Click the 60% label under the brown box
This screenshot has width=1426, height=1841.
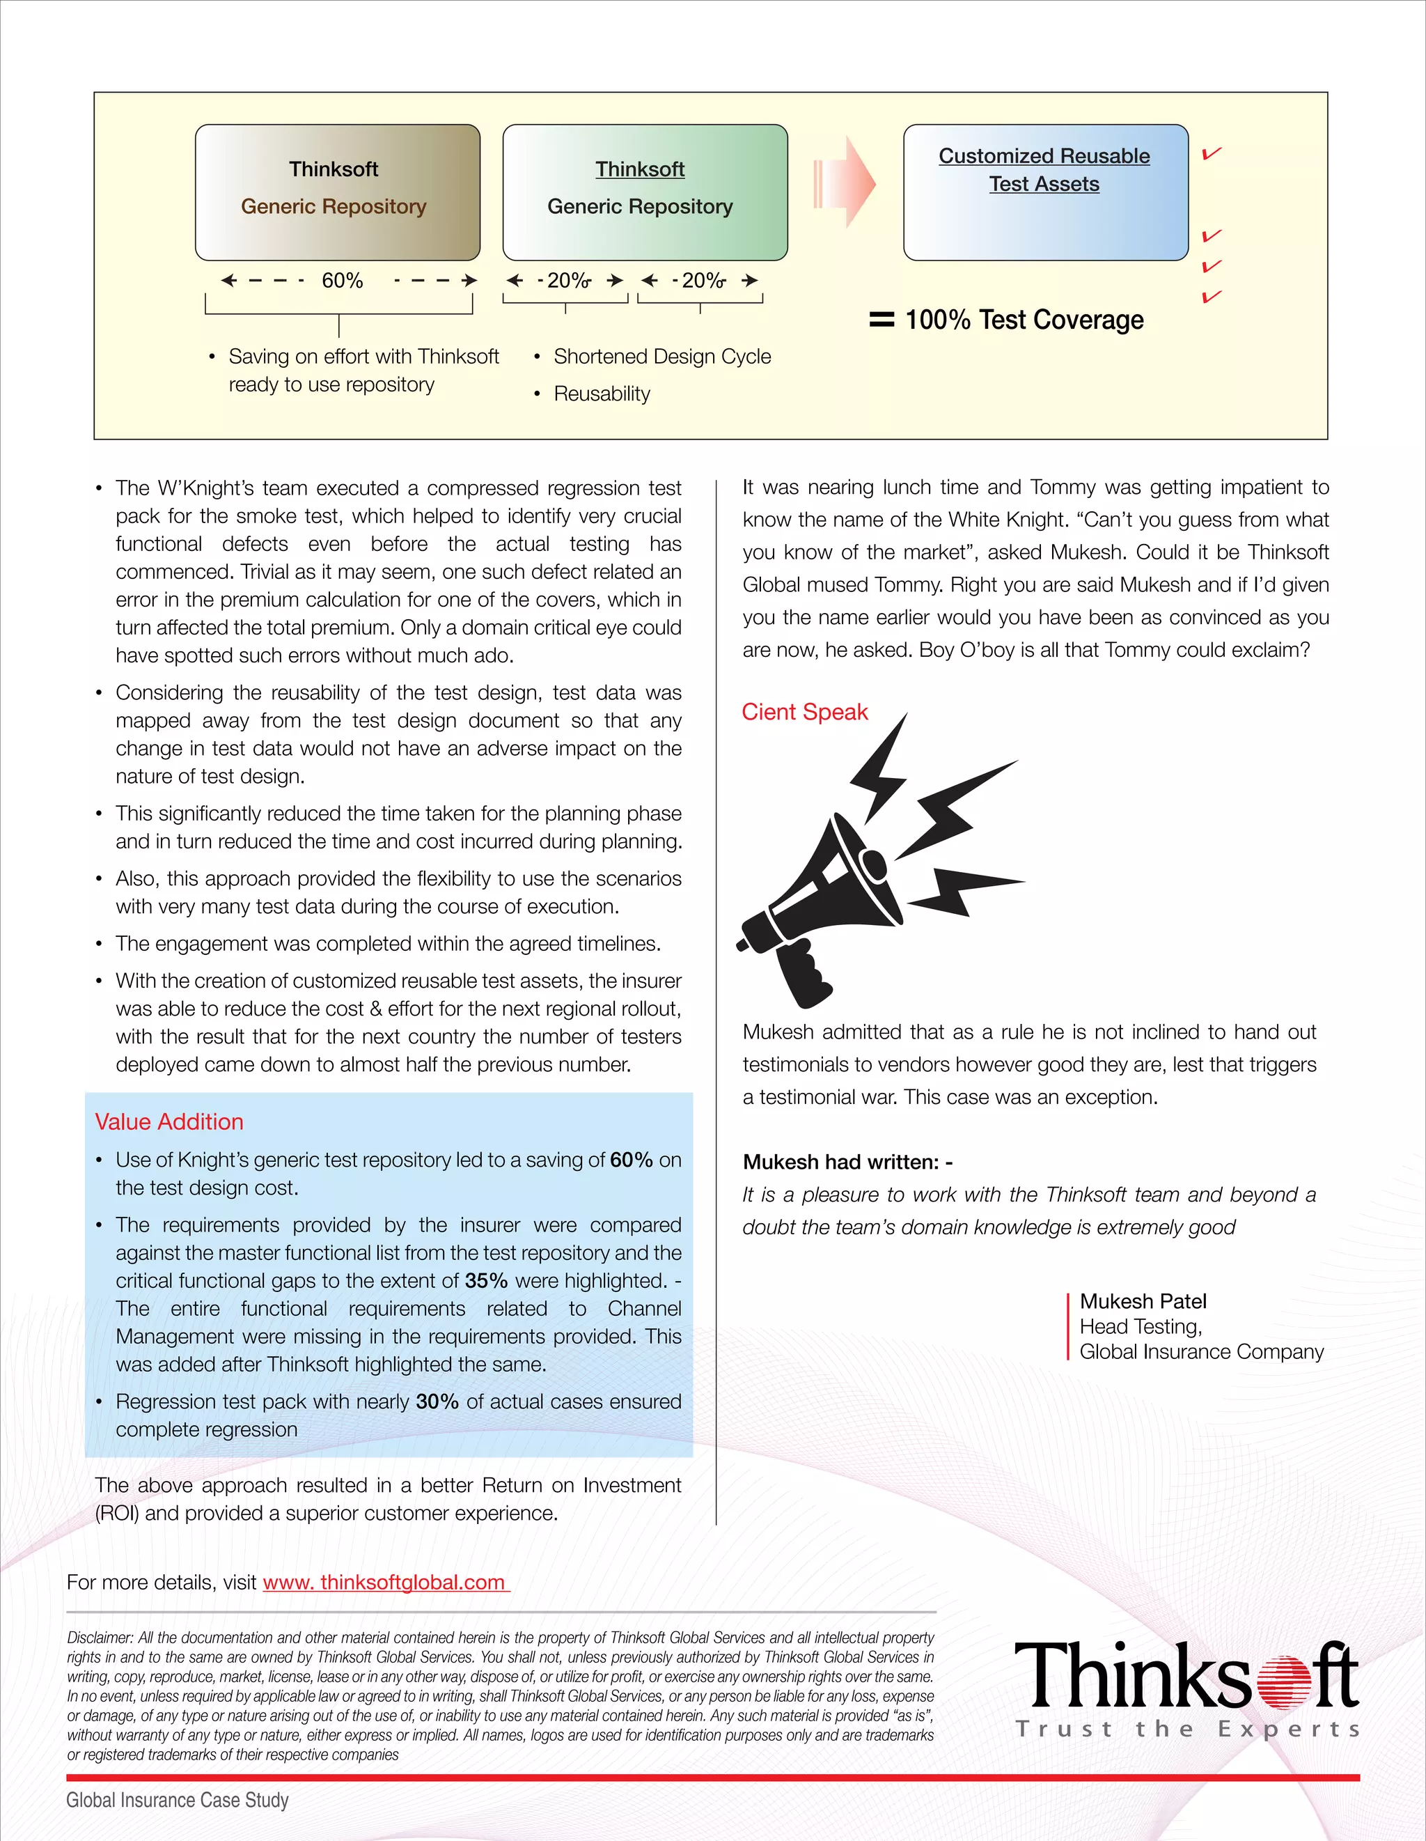pyautogui.click(x=342, y=281)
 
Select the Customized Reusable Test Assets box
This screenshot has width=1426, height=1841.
pyautogui.click(x=1045, y=192)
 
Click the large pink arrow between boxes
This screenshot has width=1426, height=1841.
pyautogui.click(x=847, y=183)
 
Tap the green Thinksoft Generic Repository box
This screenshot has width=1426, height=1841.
pyautogui.click(x=645, y=192)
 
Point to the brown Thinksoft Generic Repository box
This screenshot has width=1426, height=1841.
pyautogui.click(x=337, y=192)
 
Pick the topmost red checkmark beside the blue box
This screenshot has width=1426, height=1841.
pyautogui.click(x=1211, y=153)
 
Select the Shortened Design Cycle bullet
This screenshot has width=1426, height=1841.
pyautogui.click(x=661, y=357)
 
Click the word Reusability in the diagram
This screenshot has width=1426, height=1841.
pyautogui.click(x=602, y=394)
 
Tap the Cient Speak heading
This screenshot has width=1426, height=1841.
pyautogui.click(x=804, y=713)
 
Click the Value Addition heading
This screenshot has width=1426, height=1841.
pyautogui.click(x=169, y=1122)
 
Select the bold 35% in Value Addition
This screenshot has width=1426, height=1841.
pyautogui.click(x=485, y=1280)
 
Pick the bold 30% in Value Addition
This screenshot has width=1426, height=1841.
pyautogui.click(x=437, y=1402)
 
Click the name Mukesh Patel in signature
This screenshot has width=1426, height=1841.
pyautogui.click(x=1143, y=1300)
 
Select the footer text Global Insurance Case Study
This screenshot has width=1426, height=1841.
pyautogui.click(x=177, y=1801)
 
